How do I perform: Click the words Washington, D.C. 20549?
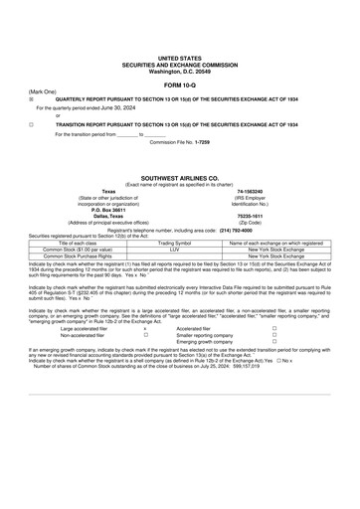click(179, 72)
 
